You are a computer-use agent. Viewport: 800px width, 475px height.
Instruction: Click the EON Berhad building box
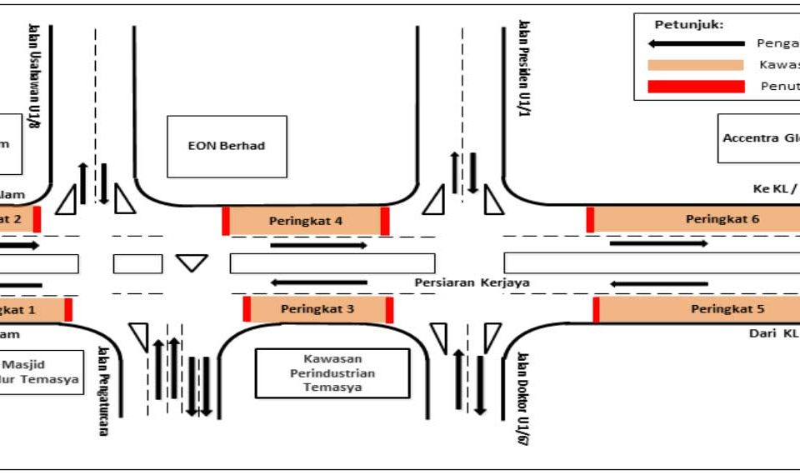[227, 146]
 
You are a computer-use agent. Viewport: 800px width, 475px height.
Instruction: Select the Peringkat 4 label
[306, 221]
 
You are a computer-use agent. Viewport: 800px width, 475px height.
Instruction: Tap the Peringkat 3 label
[317, 309]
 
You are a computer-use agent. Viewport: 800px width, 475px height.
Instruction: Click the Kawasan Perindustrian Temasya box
[332, 373]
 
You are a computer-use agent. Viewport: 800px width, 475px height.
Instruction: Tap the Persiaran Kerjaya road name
[472, 282]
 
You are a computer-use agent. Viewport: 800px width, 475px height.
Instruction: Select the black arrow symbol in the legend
[696, 43]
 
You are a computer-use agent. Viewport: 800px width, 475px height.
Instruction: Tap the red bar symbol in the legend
[696, 86]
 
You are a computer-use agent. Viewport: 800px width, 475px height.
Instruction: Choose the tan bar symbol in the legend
[696, 65]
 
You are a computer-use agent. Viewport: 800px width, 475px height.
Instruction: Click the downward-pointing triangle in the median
[192, 262]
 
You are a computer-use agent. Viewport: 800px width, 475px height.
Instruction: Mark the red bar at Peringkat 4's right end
[384, 222]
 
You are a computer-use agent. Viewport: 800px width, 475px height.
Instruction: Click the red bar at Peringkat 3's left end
[247, 308]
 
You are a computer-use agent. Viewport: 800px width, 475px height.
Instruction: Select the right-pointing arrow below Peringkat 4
[318, 245]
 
